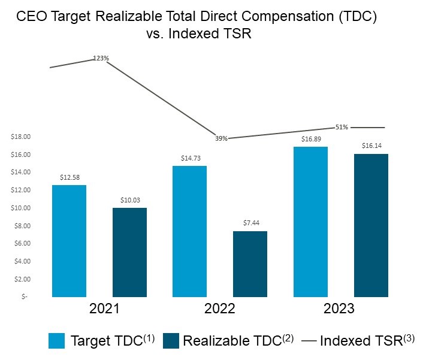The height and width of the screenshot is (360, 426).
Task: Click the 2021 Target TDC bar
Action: point(69,241)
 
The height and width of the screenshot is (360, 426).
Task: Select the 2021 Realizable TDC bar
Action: point(129,252)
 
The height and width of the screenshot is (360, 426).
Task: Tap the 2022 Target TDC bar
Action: point(189,231)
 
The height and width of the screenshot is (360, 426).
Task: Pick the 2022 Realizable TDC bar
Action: point(250,264)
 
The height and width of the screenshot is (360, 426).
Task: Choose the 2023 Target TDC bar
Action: point(310,222)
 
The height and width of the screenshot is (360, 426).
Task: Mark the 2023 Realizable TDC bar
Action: point(371,225)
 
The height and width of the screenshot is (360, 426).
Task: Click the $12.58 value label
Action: point(69,177)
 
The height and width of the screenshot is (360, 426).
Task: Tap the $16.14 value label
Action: point(371,146)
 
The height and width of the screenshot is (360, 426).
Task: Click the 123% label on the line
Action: point(101,58)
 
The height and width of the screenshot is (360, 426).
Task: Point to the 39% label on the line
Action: point(221,138)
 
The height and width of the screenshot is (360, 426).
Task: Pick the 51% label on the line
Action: point(342,127)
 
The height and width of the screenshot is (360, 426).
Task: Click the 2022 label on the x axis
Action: point(220,309)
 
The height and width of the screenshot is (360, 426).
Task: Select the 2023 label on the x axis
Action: point(340,309)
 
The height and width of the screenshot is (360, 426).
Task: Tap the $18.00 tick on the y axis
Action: point(20,137)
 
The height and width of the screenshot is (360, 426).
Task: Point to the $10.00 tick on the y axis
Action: point(20,208)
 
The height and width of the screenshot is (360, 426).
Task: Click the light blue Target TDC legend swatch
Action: point(57,341)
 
